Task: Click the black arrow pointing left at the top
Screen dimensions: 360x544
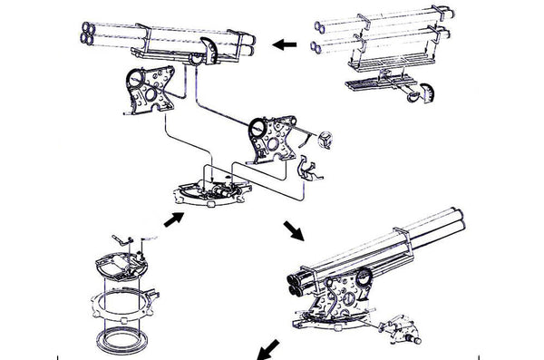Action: tap(286, 43)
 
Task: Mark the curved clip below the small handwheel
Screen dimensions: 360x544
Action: tap(309, 170)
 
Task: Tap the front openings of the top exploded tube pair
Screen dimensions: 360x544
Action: tap(318, 19)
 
